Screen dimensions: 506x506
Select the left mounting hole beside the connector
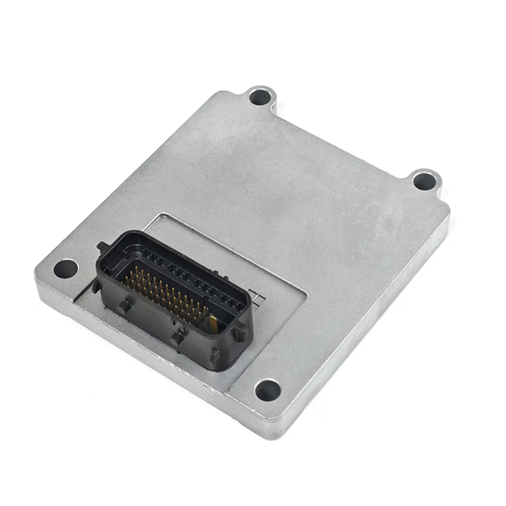tap(66, 269)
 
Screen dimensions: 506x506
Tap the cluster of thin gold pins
tap(164, 293)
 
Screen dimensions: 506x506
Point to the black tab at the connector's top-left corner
tap(104, 247)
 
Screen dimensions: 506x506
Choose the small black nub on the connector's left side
tap(95, 286)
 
